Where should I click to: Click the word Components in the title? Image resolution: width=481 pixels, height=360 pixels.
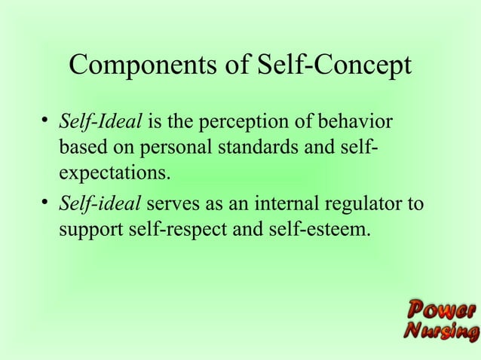tap(144, 66)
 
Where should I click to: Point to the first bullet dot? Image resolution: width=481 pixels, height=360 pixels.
tap(47, 120)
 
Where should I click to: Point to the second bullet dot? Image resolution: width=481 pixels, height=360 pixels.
tap(47, 201)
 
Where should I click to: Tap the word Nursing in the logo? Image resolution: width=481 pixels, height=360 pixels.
tap(441, 331)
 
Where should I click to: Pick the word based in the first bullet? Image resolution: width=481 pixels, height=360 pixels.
tap(81, 148)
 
